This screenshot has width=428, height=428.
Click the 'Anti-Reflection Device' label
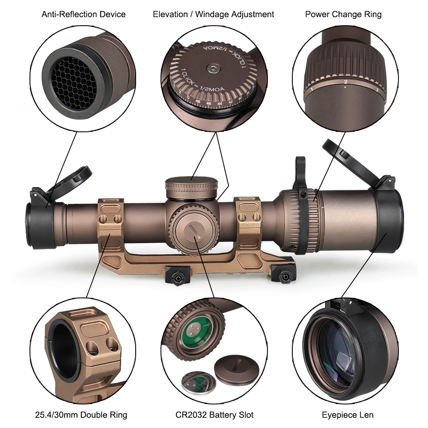[x=83, y=14]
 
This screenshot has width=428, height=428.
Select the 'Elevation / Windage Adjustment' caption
[x=214, y=14]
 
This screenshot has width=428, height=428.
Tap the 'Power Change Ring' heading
[x=343, y=14]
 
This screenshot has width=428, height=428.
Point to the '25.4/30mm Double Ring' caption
[x=81, y=415]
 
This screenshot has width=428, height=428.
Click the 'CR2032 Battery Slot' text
[x=214, y=415]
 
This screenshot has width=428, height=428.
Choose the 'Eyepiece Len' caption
[x=348, y=415]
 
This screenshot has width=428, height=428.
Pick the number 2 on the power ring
[x=345, y=81]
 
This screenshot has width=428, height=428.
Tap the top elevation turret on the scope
[x=192, y=187]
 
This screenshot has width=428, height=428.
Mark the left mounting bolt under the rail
[x=176, y=276]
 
